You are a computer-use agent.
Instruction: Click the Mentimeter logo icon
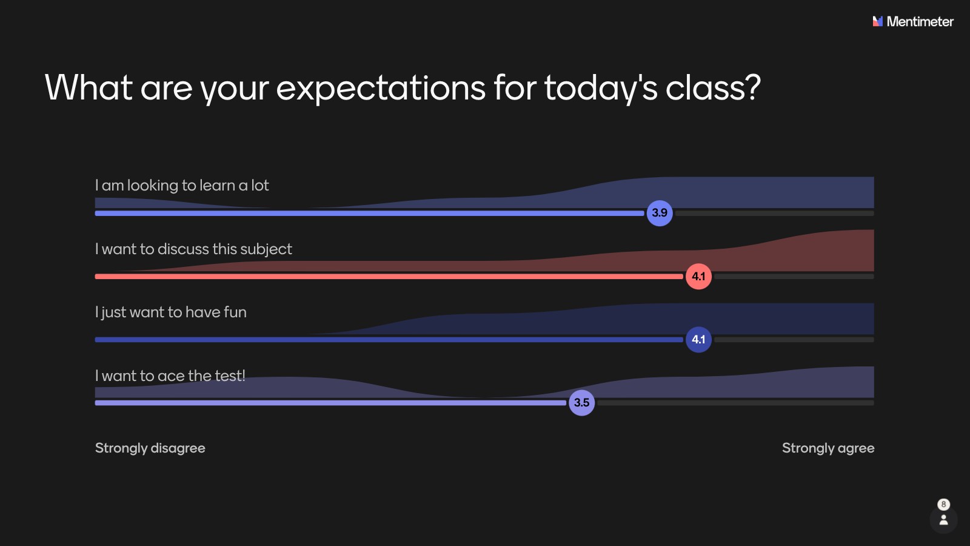(x=877, y=21)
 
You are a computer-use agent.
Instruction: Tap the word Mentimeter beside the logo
(x=920, y=21)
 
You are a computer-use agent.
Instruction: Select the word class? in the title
(x=713, y=87)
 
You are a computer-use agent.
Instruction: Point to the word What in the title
(x=89, y=87)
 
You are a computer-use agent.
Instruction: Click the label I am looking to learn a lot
(x=182, y=186)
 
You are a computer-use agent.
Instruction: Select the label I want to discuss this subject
(x=193, y=249)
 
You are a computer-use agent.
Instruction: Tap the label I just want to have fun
(x=170, y=312)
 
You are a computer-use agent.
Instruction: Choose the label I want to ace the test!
(x=170, y=376)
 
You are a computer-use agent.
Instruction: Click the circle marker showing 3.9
(x=660, y=213)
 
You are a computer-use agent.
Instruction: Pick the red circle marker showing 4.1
(x=698, y=276)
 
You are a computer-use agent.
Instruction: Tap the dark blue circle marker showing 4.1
(x=698, y=339)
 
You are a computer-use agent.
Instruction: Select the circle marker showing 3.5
(x=581, y=403)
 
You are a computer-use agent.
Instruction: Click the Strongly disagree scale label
(x=150, y=448)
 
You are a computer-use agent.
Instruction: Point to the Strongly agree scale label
(x=828, y=448)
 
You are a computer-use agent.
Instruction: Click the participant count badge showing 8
(x=943, y=504)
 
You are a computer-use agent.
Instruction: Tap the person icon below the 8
(x=943, y=519)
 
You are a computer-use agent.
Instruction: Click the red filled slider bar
(x=389, y=277)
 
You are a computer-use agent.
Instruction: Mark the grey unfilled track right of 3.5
(x=735, y=403)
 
